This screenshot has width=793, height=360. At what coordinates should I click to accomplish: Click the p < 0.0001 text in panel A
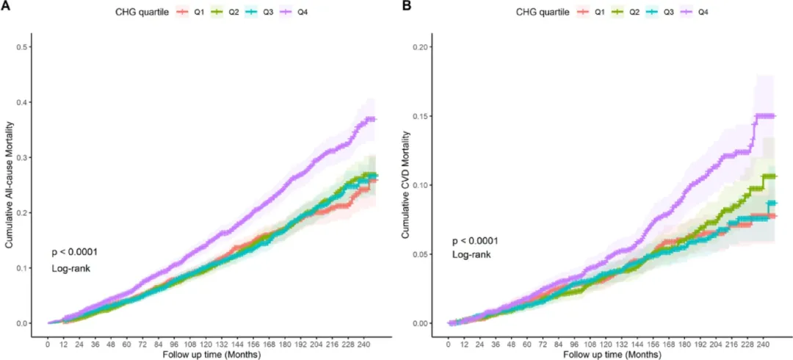click(74, 252)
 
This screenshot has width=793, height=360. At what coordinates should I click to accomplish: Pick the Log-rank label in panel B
click(471, 255)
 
